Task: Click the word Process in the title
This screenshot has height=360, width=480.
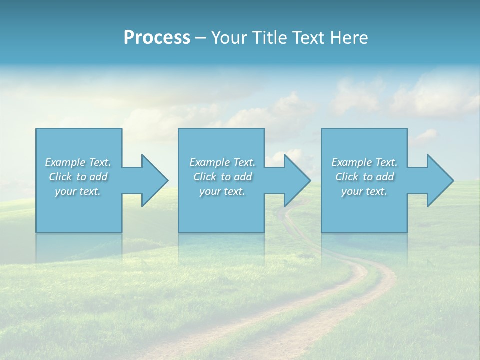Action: click(x=157, y=38)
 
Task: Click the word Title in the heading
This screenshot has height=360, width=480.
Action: click(x=268, y=38)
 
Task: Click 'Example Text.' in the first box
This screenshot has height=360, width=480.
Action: click(x=78, y=162)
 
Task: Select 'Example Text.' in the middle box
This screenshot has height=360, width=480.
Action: click(x=222, y=162)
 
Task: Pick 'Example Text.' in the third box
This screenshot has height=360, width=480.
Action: click(x=364, y=162)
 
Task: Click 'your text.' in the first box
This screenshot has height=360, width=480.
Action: click(x=78, y=191)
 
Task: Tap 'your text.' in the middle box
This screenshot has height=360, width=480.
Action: click(x=222, y=191)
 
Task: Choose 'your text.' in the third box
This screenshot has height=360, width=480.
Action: click(x=364, y=191)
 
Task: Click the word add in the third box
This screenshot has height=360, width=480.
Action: click(x=385, y=177)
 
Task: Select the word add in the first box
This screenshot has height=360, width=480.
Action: click(x=98, y=177)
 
